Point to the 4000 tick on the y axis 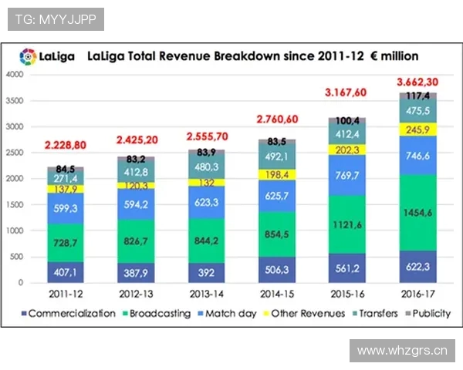point(14,75)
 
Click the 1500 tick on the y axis point(14,205)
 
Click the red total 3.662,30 point(417,82)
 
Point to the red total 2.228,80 point(69,144)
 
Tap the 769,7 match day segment point(346,175)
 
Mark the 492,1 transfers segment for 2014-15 point(276,156)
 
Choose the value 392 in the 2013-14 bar point(206,271)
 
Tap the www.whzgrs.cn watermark point(401,351)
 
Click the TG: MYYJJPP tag point(56,19)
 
